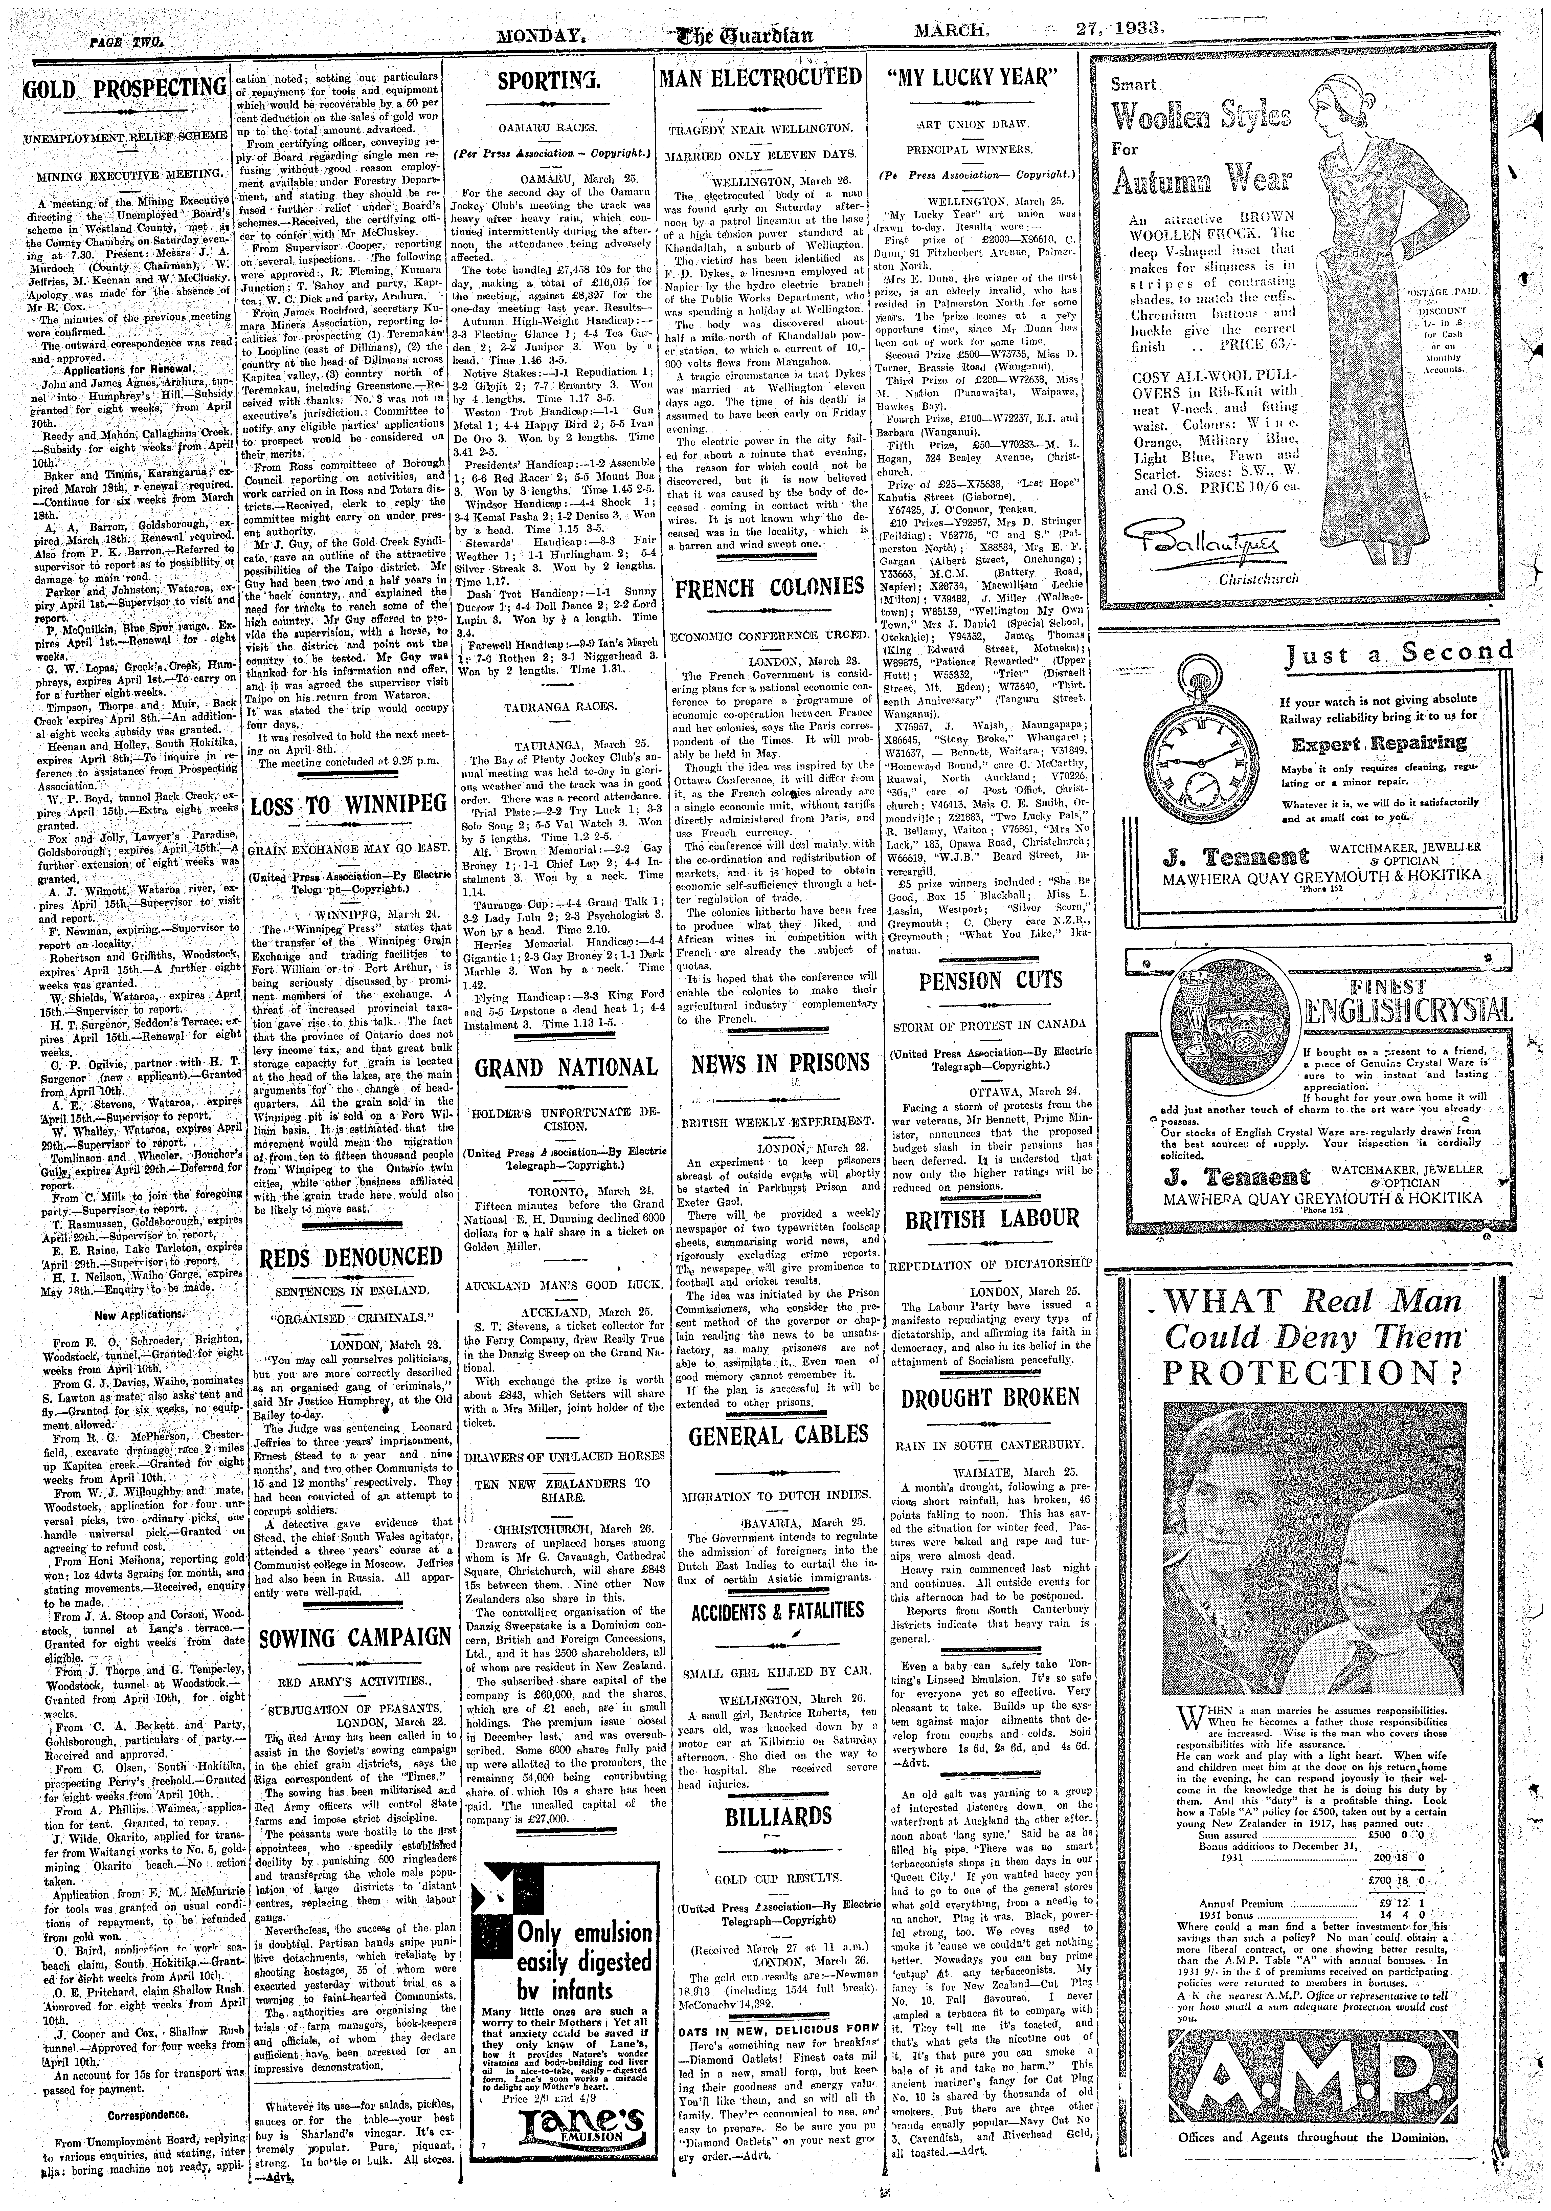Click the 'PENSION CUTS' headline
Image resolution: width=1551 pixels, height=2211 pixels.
pos(976,980)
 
